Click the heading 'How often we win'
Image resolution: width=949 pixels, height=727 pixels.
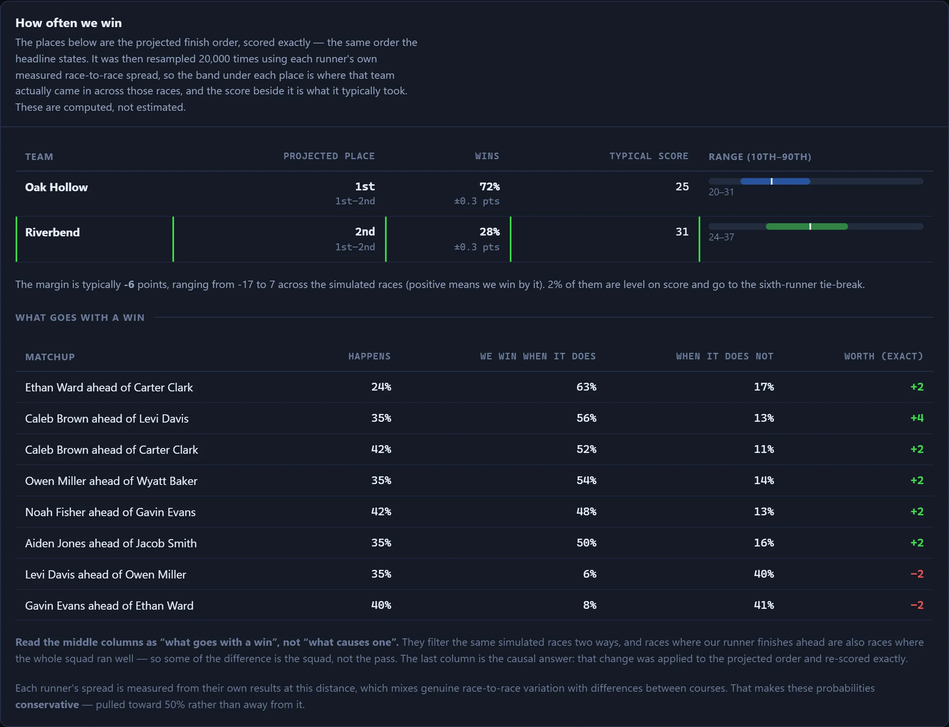tap(69, 23)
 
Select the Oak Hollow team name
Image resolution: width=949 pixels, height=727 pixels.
tap(56, 187)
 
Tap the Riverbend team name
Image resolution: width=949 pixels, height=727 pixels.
tap(53, 232)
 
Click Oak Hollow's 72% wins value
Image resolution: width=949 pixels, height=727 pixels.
tap(489, 187)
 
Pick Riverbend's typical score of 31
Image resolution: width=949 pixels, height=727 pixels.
tap(682, 231)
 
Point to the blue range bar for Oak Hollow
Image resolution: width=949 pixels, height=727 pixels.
tap(775, 181)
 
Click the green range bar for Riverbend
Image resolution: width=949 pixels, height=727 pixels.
tap(807, 226)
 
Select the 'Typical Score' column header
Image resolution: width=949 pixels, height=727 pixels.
tap(649, 156)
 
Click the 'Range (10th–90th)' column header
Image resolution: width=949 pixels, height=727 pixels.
tap(760, 157)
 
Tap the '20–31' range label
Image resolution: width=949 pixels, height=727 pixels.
tap(721, 192)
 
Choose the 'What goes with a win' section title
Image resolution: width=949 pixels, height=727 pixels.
tap(80, 318)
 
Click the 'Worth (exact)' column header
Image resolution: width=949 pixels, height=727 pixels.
tap(884, 356)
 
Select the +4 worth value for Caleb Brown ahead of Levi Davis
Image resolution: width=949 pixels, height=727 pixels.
tap(917, 418)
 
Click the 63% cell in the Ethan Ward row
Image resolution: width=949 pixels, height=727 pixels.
tap(586, 387)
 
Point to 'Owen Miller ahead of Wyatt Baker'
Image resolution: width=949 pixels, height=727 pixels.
tap(111, 481)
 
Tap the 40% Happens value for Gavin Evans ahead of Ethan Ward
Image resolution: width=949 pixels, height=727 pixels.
tap(381, 605)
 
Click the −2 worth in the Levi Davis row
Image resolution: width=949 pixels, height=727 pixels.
tap(917, 574)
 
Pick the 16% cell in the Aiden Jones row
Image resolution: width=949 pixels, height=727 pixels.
tap(764, 543)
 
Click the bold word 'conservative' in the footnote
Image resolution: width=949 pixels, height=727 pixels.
tap(47, 704)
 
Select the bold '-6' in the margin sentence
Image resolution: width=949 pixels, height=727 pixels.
tap(129, 284)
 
